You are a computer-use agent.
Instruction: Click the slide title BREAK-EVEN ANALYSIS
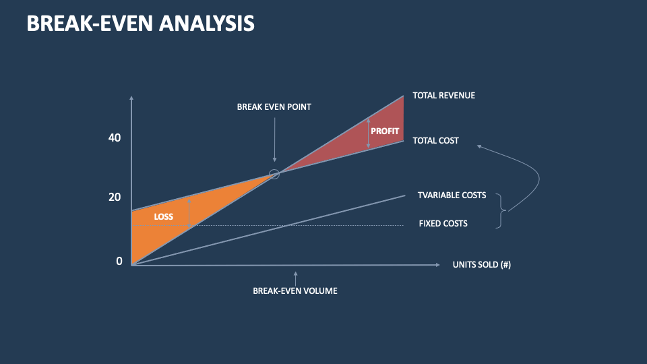[x=140, y=23]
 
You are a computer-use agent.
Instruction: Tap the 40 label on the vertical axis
[x=115, y=138]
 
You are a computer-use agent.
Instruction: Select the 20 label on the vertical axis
[x=115, y=197]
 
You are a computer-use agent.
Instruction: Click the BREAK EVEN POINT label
[x=274, y=107]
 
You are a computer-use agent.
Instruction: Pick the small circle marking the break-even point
[x=274, y=174]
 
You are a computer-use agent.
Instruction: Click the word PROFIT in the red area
[x=386, y=131]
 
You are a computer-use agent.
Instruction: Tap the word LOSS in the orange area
[x=164, y=216]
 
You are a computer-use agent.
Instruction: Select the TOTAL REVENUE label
[x=443, y=96]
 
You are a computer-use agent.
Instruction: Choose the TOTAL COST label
[x=435, y=141]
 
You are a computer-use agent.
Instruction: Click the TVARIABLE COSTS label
[x=452, y=195]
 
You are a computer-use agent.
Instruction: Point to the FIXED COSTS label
[x=443, y=223]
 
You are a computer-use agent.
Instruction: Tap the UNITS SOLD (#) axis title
[x=481, y=265]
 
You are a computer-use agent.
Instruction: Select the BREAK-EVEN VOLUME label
[x=295, y=291]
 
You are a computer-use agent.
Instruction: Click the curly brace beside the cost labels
[x=500, y=211]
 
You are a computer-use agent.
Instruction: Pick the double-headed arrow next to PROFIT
[x=369, y=133]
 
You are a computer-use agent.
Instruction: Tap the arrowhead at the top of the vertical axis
[x=131, y=99]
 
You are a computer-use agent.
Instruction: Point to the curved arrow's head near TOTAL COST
[x=479, y=146]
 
